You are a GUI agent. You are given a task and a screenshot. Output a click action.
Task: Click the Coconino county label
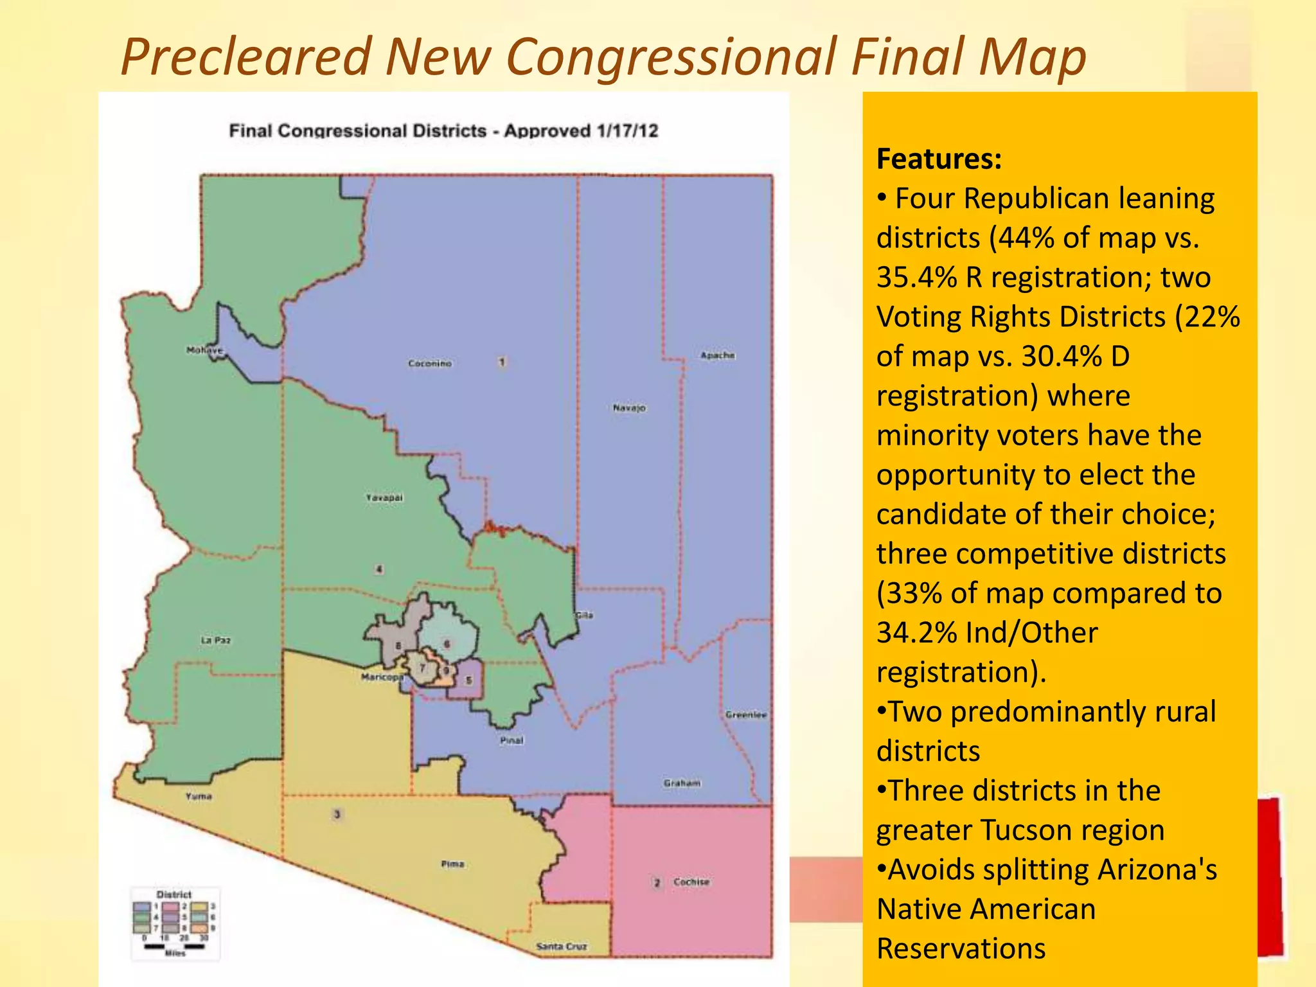[430, 364]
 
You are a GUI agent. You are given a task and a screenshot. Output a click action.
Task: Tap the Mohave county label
[204, 350]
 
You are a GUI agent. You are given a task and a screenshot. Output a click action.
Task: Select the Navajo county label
[629, 408]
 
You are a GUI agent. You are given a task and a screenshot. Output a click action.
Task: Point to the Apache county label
[717, 355]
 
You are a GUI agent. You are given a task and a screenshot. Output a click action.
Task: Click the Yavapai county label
[384, 498]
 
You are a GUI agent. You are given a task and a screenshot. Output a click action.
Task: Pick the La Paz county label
[215, 640]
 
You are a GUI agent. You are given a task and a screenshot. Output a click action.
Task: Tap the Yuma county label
[199, 796]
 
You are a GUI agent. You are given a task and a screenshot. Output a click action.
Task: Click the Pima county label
[452, 864]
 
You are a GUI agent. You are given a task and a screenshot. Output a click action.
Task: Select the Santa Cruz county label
[562, 947]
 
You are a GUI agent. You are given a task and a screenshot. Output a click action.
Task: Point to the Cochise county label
[691, 882]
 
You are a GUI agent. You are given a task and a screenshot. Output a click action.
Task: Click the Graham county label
[682, 783]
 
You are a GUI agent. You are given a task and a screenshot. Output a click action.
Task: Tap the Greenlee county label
[746, 715]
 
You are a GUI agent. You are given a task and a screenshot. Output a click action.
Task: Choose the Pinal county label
[511, 741]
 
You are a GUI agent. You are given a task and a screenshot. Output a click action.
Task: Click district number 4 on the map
[379, 569]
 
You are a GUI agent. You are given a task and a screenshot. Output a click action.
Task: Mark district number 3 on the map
[337, 815]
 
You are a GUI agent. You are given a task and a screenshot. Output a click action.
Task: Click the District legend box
[175, 924]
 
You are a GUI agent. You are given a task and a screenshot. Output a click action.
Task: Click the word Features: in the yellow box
[939, 159]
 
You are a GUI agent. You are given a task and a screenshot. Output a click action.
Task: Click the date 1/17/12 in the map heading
[627, 131]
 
